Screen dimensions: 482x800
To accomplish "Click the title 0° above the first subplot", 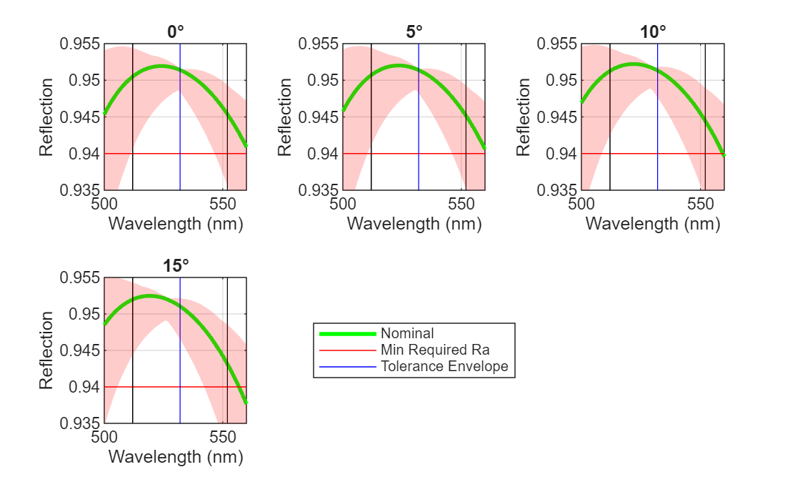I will (x=176, y=31).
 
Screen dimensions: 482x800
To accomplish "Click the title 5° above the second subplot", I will (x=414, y=31).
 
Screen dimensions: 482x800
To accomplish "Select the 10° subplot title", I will (x=653, y=31).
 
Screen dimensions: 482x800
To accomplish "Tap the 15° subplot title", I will (x=176, y=265).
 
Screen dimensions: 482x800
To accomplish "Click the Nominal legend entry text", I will (x=407, y=333).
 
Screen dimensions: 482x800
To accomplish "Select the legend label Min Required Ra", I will (x=435, y=350).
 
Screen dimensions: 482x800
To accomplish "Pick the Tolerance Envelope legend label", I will (x=444, y=366).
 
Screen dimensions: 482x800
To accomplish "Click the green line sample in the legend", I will (x=348, y=333).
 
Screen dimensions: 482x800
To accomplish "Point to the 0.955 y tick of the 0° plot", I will (x=79, y=44).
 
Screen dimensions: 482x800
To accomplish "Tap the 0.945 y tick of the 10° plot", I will (x=556, y=117).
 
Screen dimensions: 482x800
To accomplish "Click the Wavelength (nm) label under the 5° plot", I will (x=414, y=223).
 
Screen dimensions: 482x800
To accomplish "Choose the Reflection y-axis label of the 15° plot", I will (x=46, y=350).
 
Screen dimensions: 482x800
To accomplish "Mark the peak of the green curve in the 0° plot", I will (x=161, y=66).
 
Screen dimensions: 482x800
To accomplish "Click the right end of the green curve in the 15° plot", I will (x=246, y=403).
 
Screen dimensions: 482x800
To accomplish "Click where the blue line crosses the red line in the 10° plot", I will (x=657, y=154).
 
